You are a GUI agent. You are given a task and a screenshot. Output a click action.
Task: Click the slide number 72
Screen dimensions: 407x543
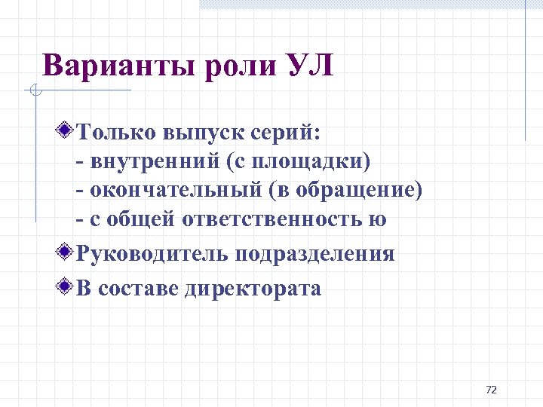point(492,390)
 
